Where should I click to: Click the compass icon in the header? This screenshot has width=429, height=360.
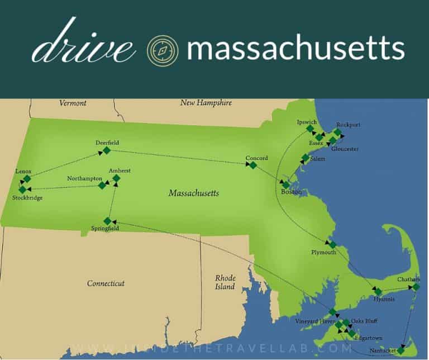(x=162, y=49)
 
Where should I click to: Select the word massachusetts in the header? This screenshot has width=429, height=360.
(x=295, y=49)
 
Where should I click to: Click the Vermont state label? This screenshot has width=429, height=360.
(x=73, y=103)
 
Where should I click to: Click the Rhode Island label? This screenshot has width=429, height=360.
(x=226, y=282)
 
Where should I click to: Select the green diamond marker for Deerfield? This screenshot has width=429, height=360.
(x=107, y=150)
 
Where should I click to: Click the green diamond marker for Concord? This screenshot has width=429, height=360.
(x=252, y=165)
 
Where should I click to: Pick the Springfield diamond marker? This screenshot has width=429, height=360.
(x=107, y=221)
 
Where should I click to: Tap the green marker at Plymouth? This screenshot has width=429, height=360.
(x=332, y=244)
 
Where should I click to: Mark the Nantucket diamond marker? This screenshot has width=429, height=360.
(x=401, y=350)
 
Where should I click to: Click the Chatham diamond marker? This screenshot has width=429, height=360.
(x=415, y=287)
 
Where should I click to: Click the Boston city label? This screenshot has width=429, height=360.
(x=291, y=192)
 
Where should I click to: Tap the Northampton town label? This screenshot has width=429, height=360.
(x=84, y=178)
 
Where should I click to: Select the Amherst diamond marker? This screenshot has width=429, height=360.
(x=116, y=178)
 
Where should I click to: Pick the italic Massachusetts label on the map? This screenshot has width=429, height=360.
(x=193, y=193)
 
